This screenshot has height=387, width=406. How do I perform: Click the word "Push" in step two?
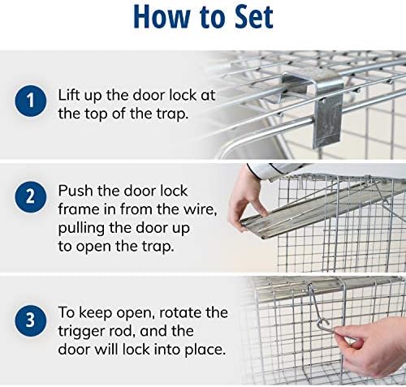76,189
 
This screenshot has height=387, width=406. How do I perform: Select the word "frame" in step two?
79,209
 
